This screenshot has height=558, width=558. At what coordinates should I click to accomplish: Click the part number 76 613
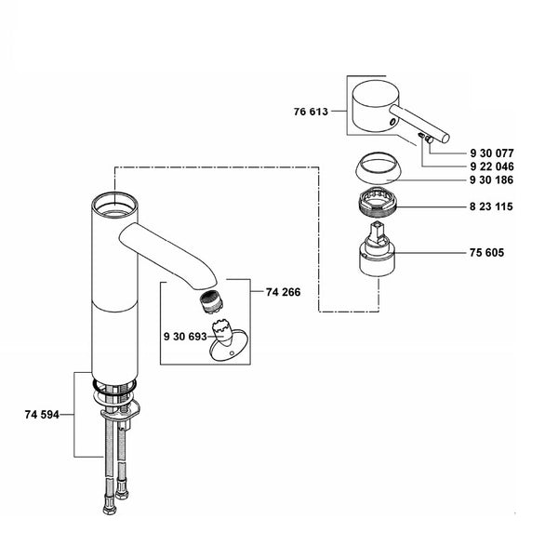point(311,112)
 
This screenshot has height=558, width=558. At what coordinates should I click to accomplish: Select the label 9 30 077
point(492,153)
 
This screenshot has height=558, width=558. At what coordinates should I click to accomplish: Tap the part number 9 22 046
point(492,166)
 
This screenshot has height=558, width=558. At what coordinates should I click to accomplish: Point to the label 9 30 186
point(491,180)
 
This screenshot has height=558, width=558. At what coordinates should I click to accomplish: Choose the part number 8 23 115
point(491,206)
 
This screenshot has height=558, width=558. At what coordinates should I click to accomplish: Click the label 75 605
point(486,253)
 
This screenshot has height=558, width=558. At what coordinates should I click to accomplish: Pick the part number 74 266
point(284,292)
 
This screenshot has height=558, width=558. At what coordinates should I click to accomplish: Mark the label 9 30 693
point(185,337)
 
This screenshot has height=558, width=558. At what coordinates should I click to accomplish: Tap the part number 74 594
point(42,415)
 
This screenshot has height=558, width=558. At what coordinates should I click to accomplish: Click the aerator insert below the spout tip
point(211,302)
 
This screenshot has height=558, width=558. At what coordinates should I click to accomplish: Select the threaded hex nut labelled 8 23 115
point(378,202)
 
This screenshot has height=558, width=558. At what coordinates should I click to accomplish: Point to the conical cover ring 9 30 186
point(379,168)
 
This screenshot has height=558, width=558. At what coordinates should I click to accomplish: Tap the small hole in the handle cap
point(392,122)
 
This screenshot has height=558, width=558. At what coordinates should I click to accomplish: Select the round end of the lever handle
point(445,138)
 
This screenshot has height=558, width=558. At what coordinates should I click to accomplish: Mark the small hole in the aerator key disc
point(232,353)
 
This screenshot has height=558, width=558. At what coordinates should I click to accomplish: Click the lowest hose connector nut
point(109,510)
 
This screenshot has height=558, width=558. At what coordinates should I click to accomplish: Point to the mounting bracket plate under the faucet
point(120,413)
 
